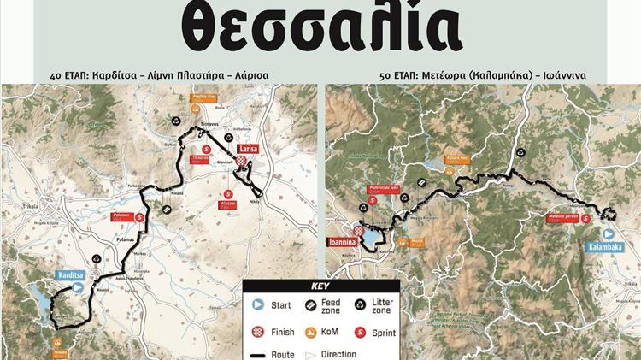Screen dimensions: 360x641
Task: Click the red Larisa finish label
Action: [248, 149]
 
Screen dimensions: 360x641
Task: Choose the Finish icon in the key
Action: [257, 332]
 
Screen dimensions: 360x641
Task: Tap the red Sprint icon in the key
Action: [360, 332]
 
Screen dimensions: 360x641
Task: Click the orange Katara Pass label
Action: [457, 158]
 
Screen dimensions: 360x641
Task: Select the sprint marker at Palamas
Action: [140, 217]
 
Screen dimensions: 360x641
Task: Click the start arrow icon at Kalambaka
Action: [608, 233]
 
